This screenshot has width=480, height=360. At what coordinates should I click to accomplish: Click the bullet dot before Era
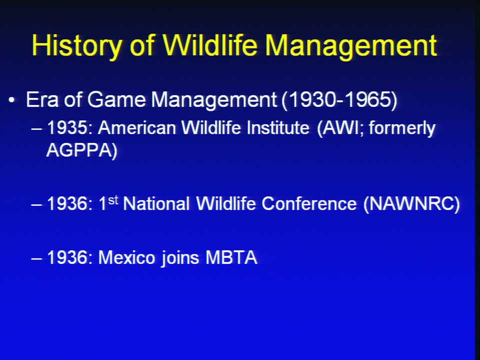(x=11, y=100)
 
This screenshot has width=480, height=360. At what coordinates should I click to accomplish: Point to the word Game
(x=116, y=99)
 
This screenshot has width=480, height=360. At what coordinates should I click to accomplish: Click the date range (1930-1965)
(x=339, y=100)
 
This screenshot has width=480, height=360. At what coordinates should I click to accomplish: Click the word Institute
(x=278, y=127)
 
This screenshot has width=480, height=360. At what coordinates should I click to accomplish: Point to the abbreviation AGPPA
(x=78, y=150)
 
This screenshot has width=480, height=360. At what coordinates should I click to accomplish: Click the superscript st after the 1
(x=113, y=200)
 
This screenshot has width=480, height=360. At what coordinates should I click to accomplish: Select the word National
(x=156, y=203)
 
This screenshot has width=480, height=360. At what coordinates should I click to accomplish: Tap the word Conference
(x=309, y=203)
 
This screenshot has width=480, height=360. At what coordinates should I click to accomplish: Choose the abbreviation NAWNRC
(x=411, y=203)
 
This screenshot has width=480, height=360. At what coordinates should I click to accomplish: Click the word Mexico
(x=126, y=257)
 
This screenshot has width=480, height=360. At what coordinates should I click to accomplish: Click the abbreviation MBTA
(x=231, y=257)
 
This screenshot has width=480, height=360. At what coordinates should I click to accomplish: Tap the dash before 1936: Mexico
(x=36, y=258)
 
